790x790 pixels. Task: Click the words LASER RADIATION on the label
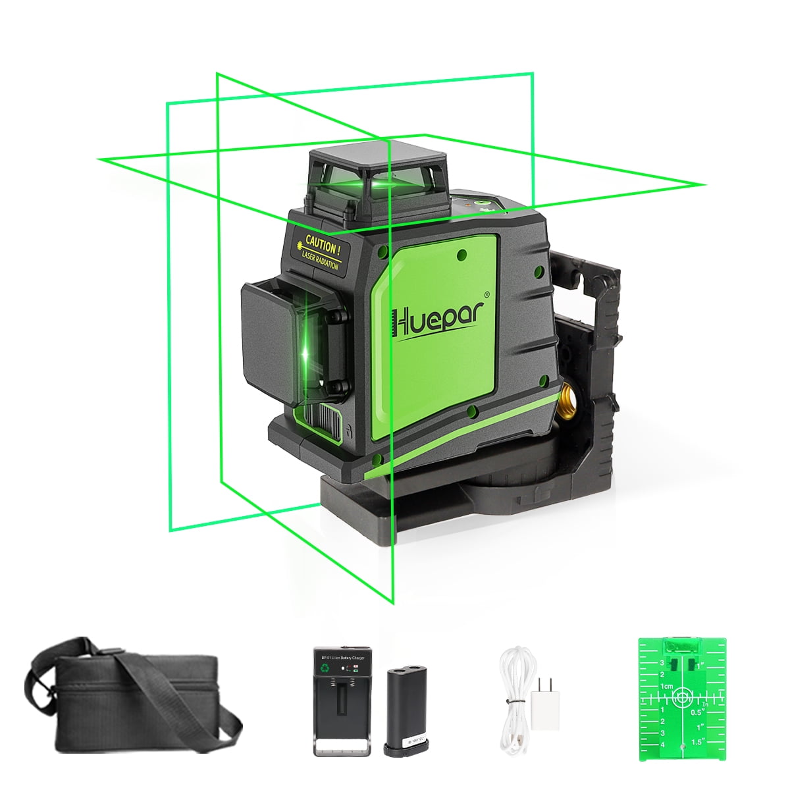(321, 261)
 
